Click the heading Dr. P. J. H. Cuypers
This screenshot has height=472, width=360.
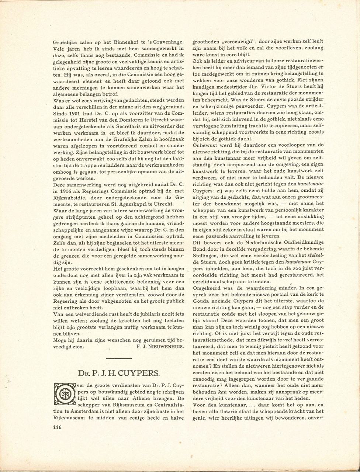pos(119,373)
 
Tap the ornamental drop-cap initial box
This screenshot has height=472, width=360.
pos(64,395)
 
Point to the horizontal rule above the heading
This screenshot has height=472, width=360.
pos(119,358)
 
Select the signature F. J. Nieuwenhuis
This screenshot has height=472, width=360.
pos(160,347)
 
